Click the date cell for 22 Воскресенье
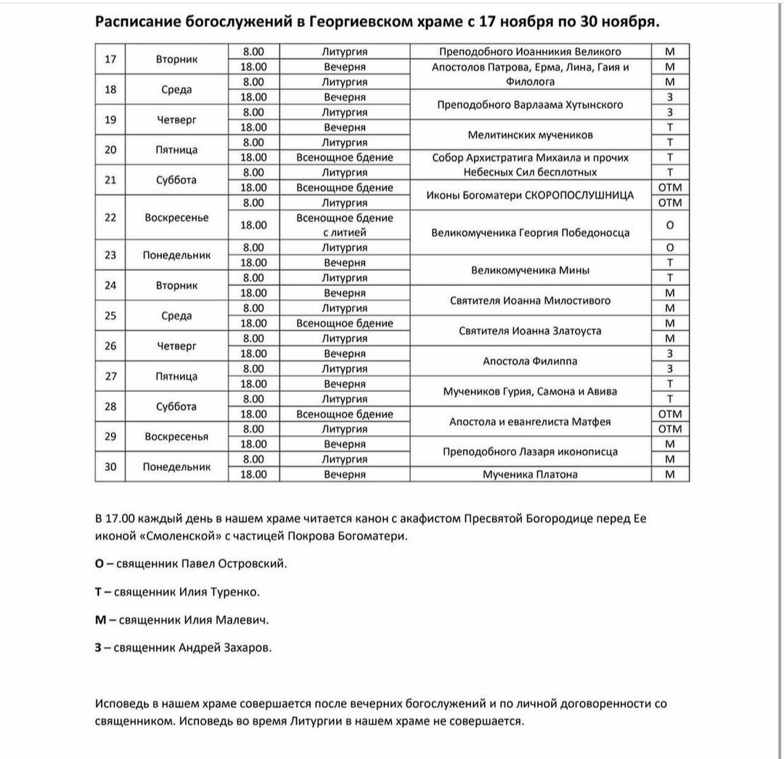tap(110, 218)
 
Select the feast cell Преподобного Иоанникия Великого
tap(530, 52)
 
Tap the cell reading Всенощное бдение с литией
tap(345, 226)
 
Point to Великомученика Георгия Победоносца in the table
tap(530, 233)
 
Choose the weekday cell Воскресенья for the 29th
tap(176, 436)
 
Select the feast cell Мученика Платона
tap(530, 475)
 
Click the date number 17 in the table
tap(110, 60)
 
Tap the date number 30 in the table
tap(110, 467)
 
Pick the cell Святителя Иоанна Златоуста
tap(530, 331)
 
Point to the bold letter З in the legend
tap(98, 647)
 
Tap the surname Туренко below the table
tap(234, 592)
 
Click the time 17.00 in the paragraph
tap(120, 519)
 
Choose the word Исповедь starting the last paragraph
tap(120, 704)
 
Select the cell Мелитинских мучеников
tap(530, 135)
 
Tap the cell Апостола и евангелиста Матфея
tap(530, 422)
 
